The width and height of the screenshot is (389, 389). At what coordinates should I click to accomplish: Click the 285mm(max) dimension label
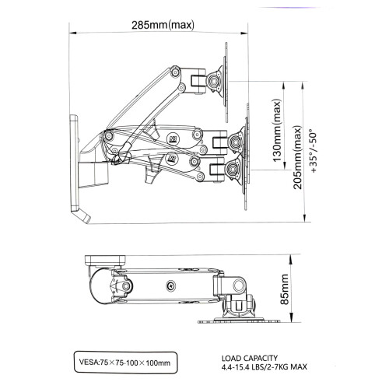pyautogui.click(x=163, y=25)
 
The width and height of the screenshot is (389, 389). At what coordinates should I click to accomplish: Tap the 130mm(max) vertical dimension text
pyautogui.click(x=277, y=131)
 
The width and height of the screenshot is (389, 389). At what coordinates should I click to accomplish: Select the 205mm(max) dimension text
pyautogui.click(x=298, y=157)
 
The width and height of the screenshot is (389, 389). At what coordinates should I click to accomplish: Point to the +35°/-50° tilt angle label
pyautogui.click(x=314, y=152)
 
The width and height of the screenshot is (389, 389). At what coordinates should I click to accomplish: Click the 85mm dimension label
pyautogui.click(x=285, y=289)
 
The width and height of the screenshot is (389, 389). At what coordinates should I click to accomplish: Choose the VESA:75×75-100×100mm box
pyautogui.click(x=126, y=363)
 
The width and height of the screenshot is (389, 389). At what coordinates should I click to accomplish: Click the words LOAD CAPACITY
pyautogui.click(x=250, y=358)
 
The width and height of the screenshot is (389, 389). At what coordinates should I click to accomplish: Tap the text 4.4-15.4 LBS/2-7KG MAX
pyautogui.click(x=265, y=367)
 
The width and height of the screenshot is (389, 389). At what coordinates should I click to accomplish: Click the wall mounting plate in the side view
pyautogui.click(x=74, y=163)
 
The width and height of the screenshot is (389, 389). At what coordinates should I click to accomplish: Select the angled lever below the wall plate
pyautogui.click(x=82, y=216)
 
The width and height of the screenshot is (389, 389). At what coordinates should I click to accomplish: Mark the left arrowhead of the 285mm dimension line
pyautogui.click(x=72, y=33)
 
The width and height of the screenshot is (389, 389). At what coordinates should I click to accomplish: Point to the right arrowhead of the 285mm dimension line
pyautogui.click(x=244, y=33)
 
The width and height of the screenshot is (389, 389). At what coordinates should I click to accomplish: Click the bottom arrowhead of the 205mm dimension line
pyautogui.click(x=305, y=219)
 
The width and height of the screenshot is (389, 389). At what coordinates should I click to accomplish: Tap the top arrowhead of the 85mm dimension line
pyautogui.click(x=291, y=258)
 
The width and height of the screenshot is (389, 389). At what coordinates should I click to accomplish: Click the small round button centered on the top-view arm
pyautogui.click(x=170, y=286)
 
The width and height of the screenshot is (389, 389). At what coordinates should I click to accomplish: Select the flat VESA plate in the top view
pyautogui.click(x=238, y=321)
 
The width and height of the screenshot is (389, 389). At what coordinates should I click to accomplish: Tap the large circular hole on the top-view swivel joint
pyautogui.click(x=238, y=286)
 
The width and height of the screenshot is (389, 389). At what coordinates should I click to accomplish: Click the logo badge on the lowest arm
pyautogui.click(x=171, y=158)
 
